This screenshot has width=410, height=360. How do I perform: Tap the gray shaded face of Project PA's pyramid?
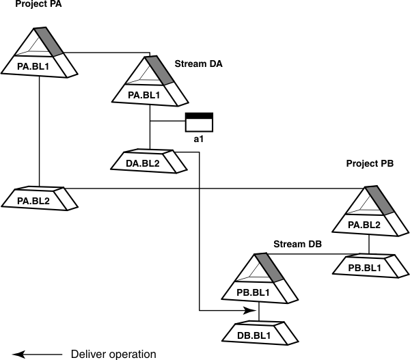pos(52,41)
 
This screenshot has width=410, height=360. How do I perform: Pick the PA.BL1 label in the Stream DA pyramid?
pos(143,96)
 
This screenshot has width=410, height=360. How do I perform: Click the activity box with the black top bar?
pos(200,122)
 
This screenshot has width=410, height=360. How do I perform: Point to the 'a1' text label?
pos(199,139)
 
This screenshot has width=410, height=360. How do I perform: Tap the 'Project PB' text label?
pos(370,164)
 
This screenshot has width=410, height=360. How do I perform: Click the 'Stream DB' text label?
pos(297,244)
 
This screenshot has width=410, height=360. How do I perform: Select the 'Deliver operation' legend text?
pos(113,354)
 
